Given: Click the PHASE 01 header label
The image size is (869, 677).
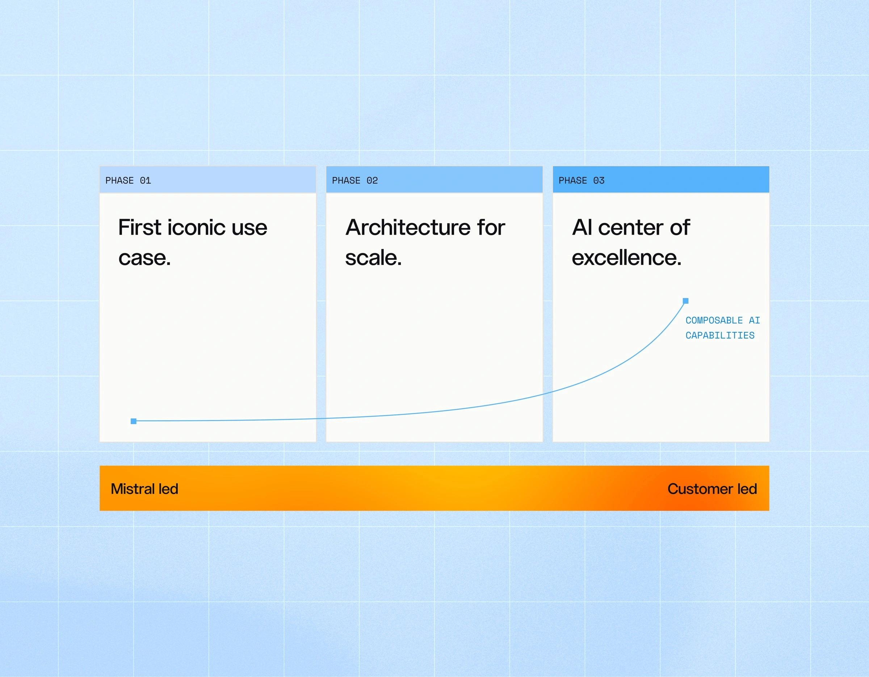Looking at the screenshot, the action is coord(128,181).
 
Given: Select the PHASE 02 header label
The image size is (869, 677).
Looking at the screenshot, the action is coord(355,181).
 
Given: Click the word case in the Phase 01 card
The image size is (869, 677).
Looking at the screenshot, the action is coord(144,258).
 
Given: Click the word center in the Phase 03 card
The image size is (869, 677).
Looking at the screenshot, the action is coord(631,228).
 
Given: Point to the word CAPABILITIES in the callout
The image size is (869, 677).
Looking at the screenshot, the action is coord(720,335).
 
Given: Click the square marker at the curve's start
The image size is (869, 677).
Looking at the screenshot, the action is coord(134,421).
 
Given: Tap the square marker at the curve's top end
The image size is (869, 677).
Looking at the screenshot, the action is coord(685,301).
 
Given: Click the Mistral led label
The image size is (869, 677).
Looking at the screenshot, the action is coord(144,489).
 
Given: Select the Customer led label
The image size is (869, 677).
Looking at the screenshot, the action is coord(712,489).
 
